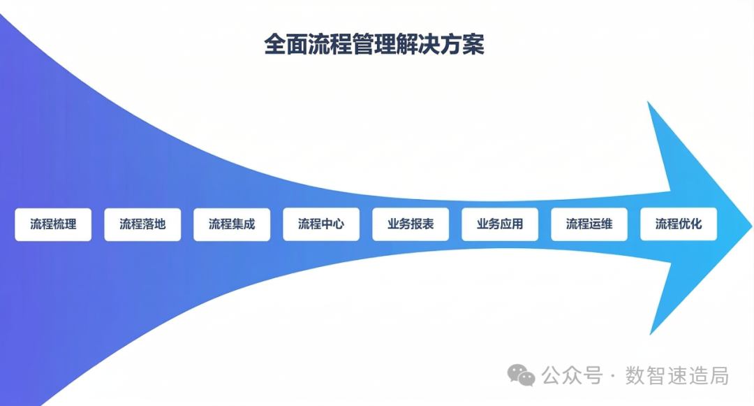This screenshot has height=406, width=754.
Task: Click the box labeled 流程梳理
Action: point(53,224)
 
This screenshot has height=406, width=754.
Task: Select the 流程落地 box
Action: point(142,224)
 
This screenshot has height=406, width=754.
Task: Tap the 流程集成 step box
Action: point(232,224)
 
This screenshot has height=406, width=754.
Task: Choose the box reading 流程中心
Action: point(321,224)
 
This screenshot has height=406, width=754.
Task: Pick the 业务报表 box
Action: point(411,224)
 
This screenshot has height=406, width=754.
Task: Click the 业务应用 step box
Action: point(500,224)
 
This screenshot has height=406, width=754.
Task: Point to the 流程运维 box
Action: point(589,224)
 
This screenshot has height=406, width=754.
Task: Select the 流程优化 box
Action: point(679,224)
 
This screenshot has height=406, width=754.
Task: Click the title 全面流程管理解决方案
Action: point(374,44)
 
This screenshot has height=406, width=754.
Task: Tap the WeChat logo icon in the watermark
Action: point(522,375)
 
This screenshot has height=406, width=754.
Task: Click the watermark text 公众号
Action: point(572,375)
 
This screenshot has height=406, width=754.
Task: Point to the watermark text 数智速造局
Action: point(677,375)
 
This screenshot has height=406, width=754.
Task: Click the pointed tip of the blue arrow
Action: point(751,225)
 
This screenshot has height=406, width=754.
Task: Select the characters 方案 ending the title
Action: point(463,44)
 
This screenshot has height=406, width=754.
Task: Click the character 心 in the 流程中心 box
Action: point(339,224)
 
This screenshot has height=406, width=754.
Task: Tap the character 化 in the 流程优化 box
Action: point(696,224)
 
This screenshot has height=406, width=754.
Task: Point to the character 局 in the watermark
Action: point(719,375)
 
